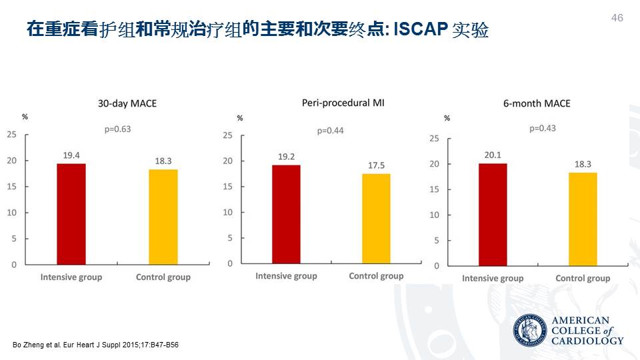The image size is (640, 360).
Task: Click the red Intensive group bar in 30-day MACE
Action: pyautogui.click(x=71, y=214)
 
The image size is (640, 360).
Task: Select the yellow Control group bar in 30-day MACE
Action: pyautogui.click(x=163, y=217)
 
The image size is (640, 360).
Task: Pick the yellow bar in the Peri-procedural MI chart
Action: pyautogui.click(x=376, y=218)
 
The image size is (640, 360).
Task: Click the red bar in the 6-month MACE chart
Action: pyautogui.click(x=493, y=215)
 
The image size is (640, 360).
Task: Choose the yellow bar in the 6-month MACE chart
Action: pyautogui.click(x=583, y=219)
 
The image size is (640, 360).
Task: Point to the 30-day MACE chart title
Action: pyautogui.click(x=127, y=103)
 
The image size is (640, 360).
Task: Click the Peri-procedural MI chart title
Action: pyautogui.click(x=343, y=103)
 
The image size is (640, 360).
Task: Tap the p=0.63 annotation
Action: pyautogui.click(x=117, y=129)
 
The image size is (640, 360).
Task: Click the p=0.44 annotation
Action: pyautogui.click(x=331, y=131)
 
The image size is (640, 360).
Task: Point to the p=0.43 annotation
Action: pyautogui.click(x=542, y=128)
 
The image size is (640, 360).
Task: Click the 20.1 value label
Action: pyautogui.click(x=493, y=155)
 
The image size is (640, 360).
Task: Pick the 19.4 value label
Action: pyautogui.click(x=71, y=155)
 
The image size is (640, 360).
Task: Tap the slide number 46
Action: pyautogui.click(x=617, y=18)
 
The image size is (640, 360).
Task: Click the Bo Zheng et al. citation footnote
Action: pyautogui.click(x=96, y=345)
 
